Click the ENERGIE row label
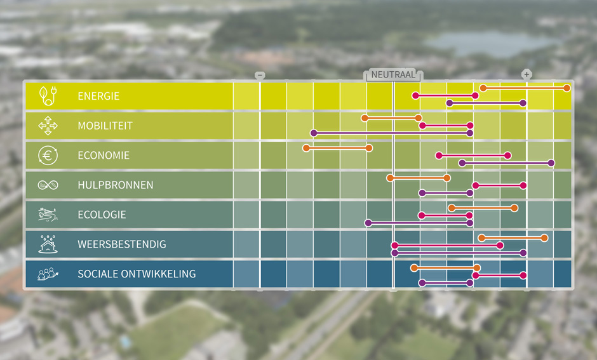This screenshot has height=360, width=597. click(x=98, y=97)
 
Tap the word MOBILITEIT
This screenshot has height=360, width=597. click(x=105, y=126)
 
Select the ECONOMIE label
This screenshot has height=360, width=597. click(x=103, y=156)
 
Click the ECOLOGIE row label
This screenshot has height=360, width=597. click(x=102, y=215)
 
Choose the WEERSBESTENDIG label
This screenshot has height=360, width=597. click(x=121, y=244)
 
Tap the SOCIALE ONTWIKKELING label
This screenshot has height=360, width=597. click(x=136, y=274)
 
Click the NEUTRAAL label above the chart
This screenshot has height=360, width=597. click(x=393, y=75)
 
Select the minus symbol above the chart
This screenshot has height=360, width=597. click(x=260, y=75)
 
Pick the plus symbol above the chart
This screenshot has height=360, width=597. click(x=527, y=75)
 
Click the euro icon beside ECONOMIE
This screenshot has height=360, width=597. click(x=48, y=156)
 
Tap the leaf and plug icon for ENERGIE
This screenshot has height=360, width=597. click(x=48, y=96)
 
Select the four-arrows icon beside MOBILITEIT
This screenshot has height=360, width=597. click(x=48, y=126)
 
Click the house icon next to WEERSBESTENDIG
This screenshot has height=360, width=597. click(x=48, y=244)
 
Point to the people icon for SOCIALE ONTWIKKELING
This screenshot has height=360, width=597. click(x=48, y=274)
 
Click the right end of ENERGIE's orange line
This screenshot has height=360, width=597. click(x=567, y=88)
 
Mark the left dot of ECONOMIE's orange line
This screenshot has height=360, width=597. click(x=306, y=148)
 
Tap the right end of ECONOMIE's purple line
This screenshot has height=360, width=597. click(x=551, y=163)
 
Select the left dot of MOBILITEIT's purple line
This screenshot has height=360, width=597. click(x=313, y=133)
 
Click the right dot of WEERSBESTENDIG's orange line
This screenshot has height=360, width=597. click(x=545, y=237)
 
